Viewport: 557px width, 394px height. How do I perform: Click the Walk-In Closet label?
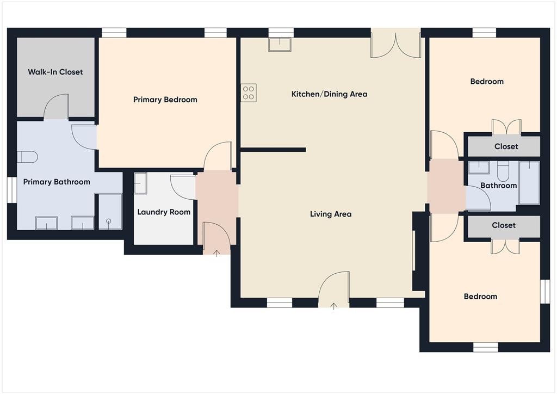[55, 72]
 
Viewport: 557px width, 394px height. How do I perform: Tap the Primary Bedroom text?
[165, 100]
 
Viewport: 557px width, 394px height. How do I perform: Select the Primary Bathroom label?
[57, 182]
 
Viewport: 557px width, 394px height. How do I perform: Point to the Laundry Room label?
[164, 212]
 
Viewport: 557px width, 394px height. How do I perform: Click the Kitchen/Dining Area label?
[329, 94]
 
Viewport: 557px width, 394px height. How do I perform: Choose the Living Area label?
[330, 214]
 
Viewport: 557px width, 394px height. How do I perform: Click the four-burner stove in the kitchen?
[249, 93]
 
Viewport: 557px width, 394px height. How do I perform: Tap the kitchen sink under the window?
[280, 44]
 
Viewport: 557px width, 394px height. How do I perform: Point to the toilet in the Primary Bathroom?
[27, 157]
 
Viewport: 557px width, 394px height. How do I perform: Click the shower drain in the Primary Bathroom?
[109, 221]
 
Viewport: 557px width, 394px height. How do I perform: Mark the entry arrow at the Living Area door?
[333, 306]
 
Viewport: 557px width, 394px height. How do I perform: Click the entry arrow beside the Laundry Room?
[216, 253]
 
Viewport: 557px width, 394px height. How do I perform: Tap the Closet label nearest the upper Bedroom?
[506, 146]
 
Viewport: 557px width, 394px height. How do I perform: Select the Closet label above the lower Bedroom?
[504, 225]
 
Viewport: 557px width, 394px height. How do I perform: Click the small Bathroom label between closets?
[498, 186]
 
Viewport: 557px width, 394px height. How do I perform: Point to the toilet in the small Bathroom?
[503, 171]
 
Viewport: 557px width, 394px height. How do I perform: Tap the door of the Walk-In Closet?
[56, 107]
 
